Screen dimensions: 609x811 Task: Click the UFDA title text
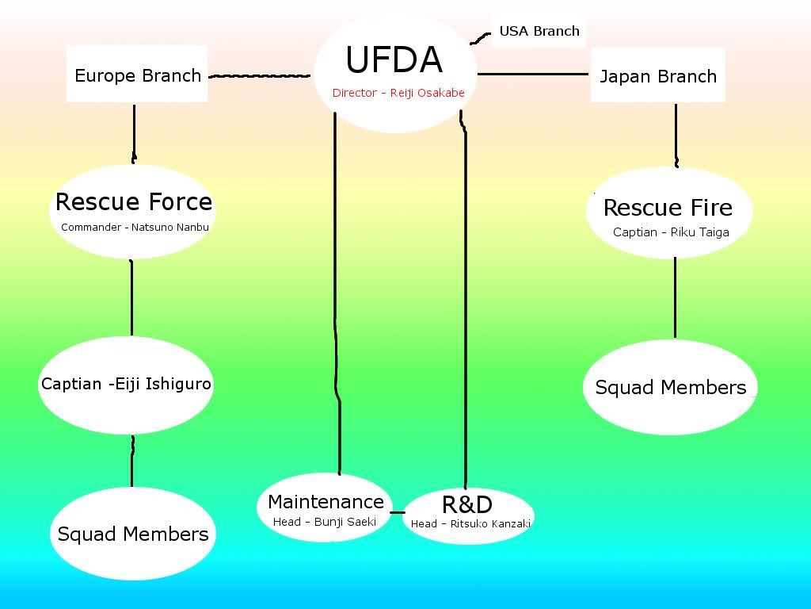pos(394,60)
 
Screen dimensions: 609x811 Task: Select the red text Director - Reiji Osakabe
pos(398,93)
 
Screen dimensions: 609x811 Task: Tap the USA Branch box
pos(539,32)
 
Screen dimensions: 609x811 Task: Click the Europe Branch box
pos(137,75)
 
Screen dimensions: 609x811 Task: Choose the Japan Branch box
pos(657,76)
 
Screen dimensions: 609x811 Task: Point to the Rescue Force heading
pos(133,202)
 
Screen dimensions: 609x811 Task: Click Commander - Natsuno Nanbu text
pos(135,228)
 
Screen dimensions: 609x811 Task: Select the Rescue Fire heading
pos(668,208)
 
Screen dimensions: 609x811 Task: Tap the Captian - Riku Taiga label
pos(671,232)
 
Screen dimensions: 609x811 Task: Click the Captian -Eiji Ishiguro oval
pos(127,385)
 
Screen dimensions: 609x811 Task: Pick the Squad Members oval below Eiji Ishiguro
pos(133,534)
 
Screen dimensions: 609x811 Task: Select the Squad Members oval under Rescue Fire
pos(671,388)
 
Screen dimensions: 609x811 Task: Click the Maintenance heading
pos(326,501)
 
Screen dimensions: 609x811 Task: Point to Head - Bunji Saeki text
pos(325,522)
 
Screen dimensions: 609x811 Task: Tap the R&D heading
pos(466,504)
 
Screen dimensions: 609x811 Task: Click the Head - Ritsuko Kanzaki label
pos(470,523)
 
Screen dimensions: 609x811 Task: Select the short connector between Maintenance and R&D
pos(398,511)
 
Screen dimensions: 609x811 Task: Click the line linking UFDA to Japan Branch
pos(533,75)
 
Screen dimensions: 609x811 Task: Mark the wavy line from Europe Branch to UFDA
pos(259,76)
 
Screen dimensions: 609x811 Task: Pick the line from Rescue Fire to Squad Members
pos(675,297)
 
